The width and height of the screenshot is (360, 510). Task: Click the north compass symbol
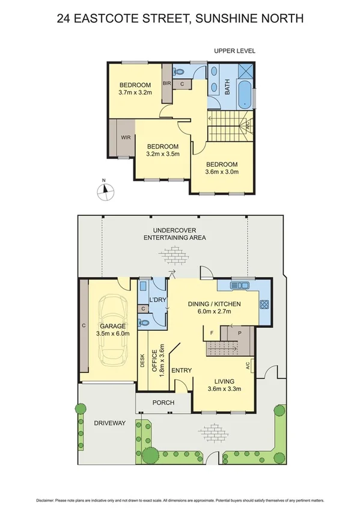[105, 191]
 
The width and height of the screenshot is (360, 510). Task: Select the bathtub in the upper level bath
[244, 96]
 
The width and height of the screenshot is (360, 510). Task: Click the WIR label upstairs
[126, 137]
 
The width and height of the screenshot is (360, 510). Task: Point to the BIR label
[168, 84]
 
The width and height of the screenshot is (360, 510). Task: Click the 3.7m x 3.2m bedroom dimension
[135, 93]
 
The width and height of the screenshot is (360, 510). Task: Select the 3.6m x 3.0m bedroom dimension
[222, 172]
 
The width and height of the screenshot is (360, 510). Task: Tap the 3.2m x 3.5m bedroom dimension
[163, 154]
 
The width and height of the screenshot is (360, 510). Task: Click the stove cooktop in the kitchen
[264, 304]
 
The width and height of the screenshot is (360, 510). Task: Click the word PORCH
[163, 402]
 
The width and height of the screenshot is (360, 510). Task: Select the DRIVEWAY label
[109, 423]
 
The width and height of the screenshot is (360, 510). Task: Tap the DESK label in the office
[142, 360]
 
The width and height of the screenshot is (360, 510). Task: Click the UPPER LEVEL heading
[234, 51]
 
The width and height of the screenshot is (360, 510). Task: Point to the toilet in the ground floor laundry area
[144, 322]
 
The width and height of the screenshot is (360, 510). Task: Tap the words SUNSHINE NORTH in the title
[252, 19]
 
